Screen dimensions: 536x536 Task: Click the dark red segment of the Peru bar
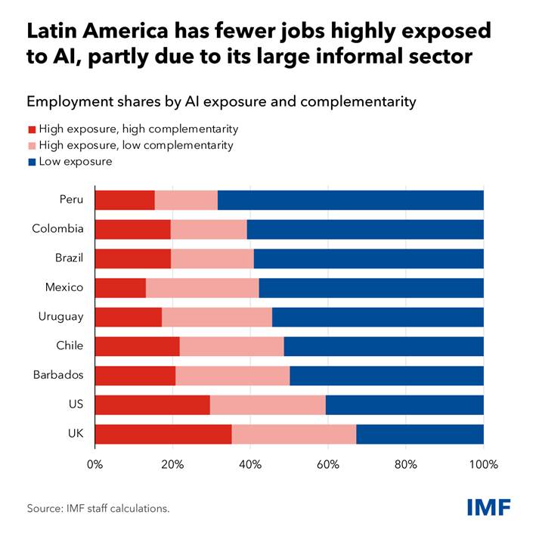coord(125,200)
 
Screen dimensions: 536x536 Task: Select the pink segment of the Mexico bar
coord(203,288)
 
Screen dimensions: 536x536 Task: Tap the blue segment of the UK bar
coord(420,434)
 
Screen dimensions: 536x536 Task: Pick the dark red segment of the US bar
coord(153,404)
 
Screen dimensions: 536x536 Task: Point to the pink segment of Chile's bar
coord(232,346)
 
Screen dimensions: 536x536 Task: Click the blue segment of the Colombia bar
coord(365,229)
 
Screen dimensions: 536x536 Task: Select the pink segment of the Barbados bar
coord(232,376)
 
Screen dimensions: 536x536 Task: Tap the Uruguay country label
coord(60,317)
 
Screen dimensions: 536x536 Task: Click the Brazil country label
coord(69,258)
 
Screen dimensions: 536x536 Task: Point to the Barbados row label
coord(58,375)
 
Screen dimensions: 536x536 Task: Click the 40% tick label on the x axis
coord(250,464)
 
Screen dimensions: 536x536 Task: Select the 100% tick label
coord(483,464)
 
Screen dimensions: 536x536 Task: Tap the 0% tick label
coord(94,464)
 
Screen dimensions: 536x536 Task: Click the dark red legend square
coord(32,129)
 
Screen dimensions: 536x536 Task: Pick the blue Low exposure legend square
coord(32,162)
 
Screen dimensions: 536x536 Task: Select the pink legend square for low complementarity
coord(32,146)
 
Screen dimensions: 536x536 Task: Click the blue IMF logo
coord(489,507)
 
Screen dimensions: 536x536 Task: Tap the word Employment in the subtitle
coord(70,102)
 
